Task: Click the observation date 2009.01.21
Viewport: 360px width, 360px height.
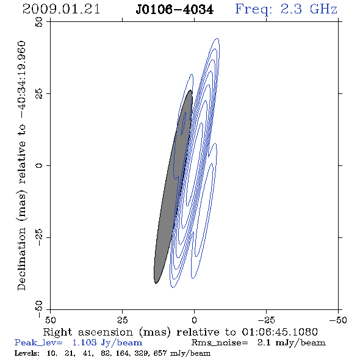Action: pos(61,9)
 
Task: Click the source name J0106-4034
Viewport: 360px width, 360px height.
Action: pos(175,10)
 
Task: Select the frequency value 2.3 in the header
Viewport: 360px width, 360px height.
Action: pos(291,9)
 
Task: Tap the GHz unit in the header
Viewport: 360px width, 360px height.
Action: pos(323,9)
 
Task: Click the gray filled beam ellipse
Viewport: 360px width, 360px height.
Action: pos(173,187)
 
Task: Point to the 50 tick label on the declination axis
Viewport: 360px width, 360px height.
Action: pos(39,22)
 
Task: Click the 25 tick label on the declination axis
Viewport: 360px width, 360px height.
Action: pos(39,94)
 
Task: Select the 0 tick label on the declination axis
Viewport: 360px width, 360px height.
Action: pos(39,165)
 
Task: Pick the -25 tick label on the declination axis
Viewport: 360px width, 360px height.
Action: pos(39,237)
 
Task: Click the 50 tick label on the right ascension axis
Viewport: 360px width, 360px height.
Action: pos(50,320)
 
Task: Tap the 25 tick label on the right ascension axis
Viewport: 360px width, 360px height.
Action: pos(122,320)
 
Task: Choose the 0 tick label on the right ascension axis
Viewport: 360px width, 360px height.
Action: pos(194,320)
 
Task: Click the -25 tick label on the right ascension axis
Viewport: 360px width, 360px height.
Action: pos(266,320)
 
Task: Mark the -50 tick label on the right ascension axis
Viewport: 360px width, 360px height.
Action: pos(338,320)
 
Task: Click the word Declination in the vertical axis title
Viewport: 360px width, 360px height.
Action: pos(21,259)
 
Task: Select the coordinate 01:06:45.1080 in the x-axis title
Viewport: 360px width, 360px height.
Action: pos(279,332)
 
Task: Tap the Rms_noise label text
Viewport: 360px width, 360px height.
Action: pos(220,343)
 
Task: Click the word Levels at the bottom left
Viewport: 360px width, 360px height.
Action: pos(27,353)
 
